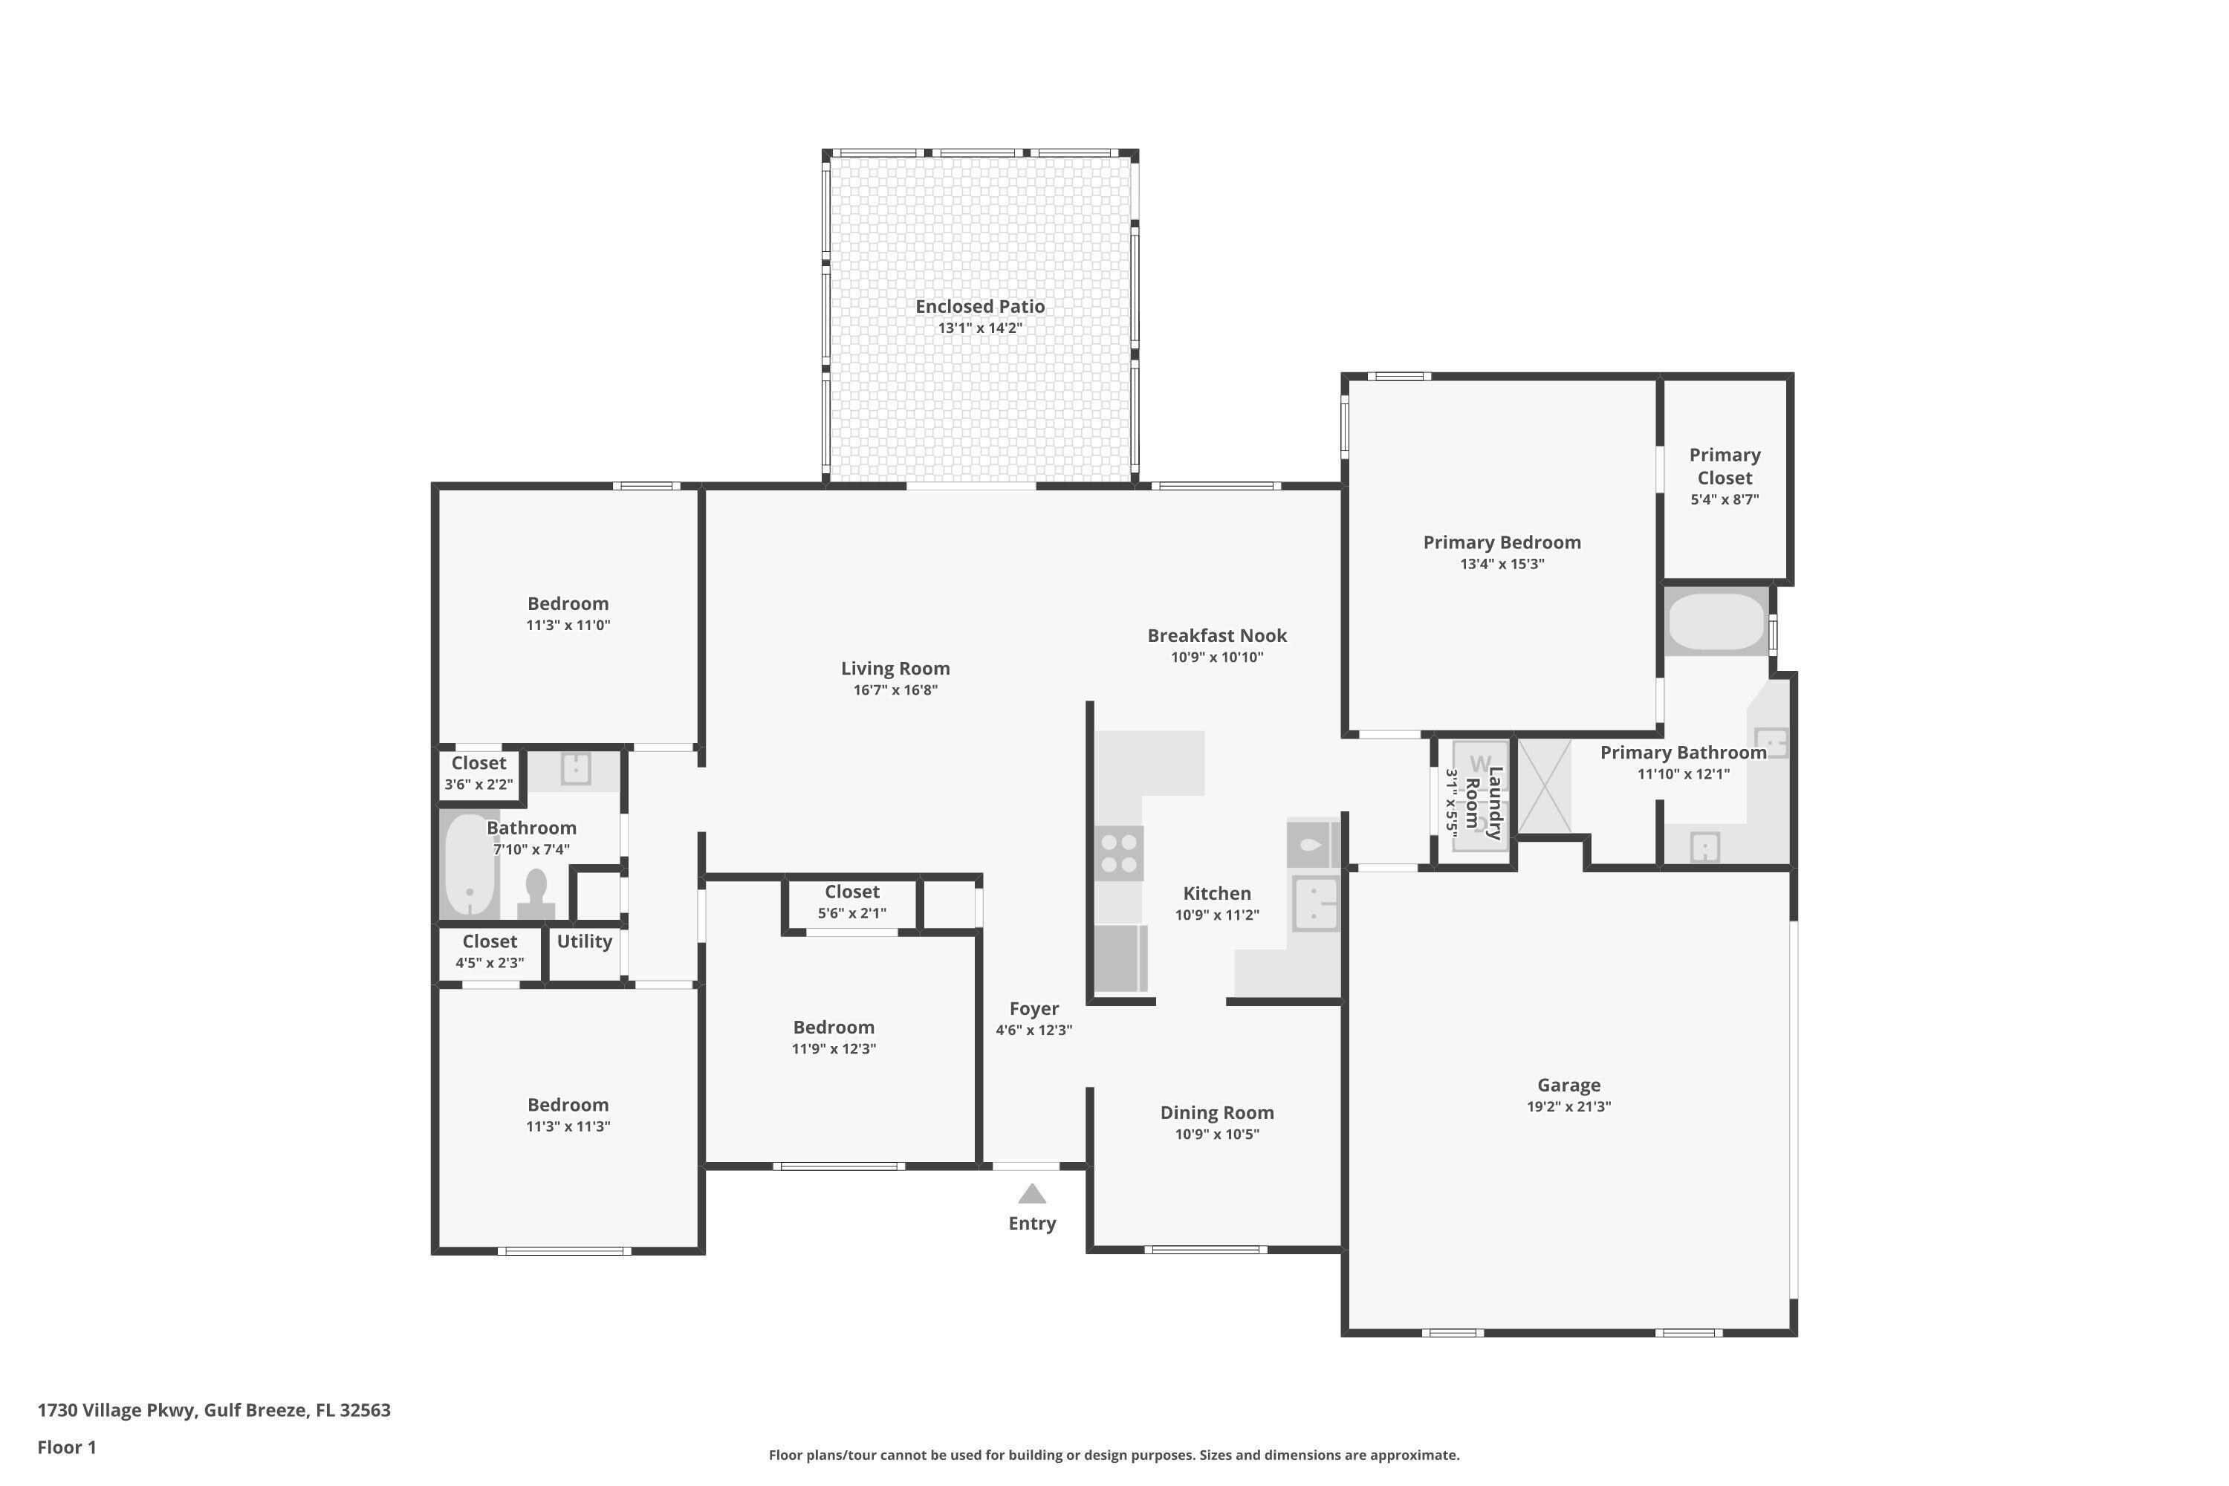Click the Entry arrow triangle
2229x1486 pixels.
click(x=1032, y=1194)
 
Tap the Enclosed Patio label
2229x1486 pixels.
click(x=980, y=306)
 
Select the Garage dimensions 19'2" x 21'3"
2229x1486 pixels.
click(x=1568, y=1106)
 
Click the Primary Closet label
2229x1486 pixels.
click(x=1724, y=467)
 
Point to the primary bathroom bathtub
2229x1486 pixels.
click(x=1716, y=622)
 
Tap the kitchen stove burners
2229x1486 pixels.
click(x=1118, y=853)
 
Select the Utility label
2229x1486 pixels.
click(x=584, y=941)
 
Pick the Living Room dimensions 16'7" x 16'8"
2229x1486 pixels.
click(x=895, y=690)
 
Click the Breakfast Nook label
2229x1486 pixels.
click(x=1217, y=635)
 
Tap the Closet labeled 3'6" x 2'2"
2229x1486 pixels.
click(x=478, y=773)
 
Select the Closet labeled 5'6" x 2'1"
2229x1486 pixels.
click(x=852, y=901)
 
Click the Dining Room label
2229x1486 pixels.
click(x=1217, y=1112)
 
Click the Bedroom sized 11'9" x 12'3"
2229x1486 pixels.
click(x=833, y=1036)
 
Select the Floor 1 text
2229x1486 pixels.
click(x=66, y=1447)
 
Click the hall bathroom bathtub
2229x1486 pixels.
click(x=469, y=864)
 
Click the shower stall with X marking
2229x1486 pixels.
click(x=1545, y=787)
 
